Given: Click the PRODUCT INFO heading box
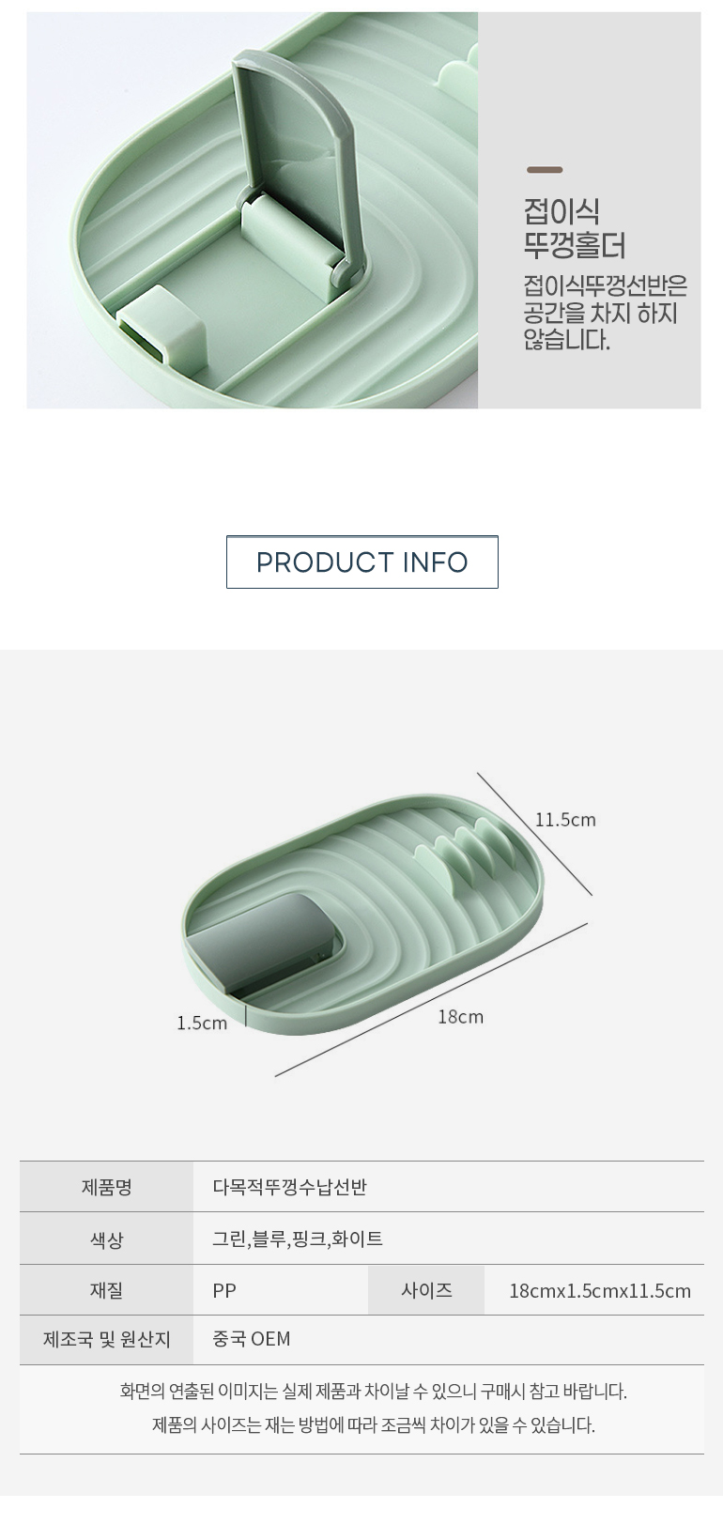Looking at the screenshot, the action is point(362,562).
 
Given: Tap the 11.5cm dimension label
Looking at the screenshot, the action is point(565,820).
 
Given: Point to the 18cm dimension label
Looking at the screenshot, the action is point(460,1016).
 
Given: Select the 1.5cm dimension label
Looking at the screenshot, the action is point(202,1023).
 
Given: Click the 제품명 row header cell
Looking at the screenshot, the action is point(106,1187).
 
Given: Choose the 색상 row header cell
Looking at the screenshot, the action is point(106,1239).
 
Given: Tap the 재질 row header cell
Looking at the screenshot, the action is point(106,1289).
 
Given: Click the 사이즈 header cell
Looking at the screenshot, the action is point(426,1289).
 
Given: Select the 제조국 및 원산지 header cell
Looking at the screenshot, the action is point(106,1339).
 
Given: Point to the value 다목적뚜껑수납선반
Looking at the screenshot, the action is point(289,1187).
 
